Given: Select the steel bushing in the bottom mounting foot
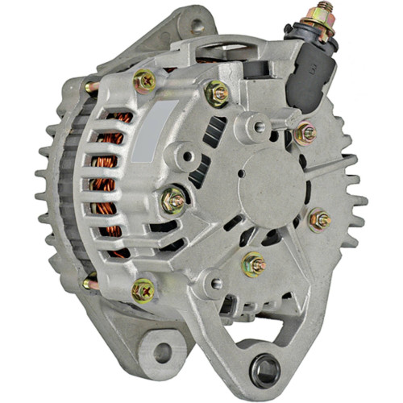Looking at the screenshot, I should (264, 371).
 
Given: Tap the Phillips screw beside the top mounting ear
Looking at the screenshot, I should (144, 79).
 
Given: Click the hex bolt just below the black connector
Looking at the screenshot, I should (305, 133).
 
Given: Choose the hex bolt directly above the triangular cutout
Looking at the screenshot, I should (255, 263).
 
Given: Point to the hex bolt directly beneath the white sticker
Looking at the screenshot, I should (173, 198).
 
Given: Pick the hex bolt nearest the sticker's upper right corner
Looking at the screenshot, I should (218, 93).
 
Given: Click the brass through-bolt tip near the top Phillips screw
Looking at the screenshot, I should (89, 85).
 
